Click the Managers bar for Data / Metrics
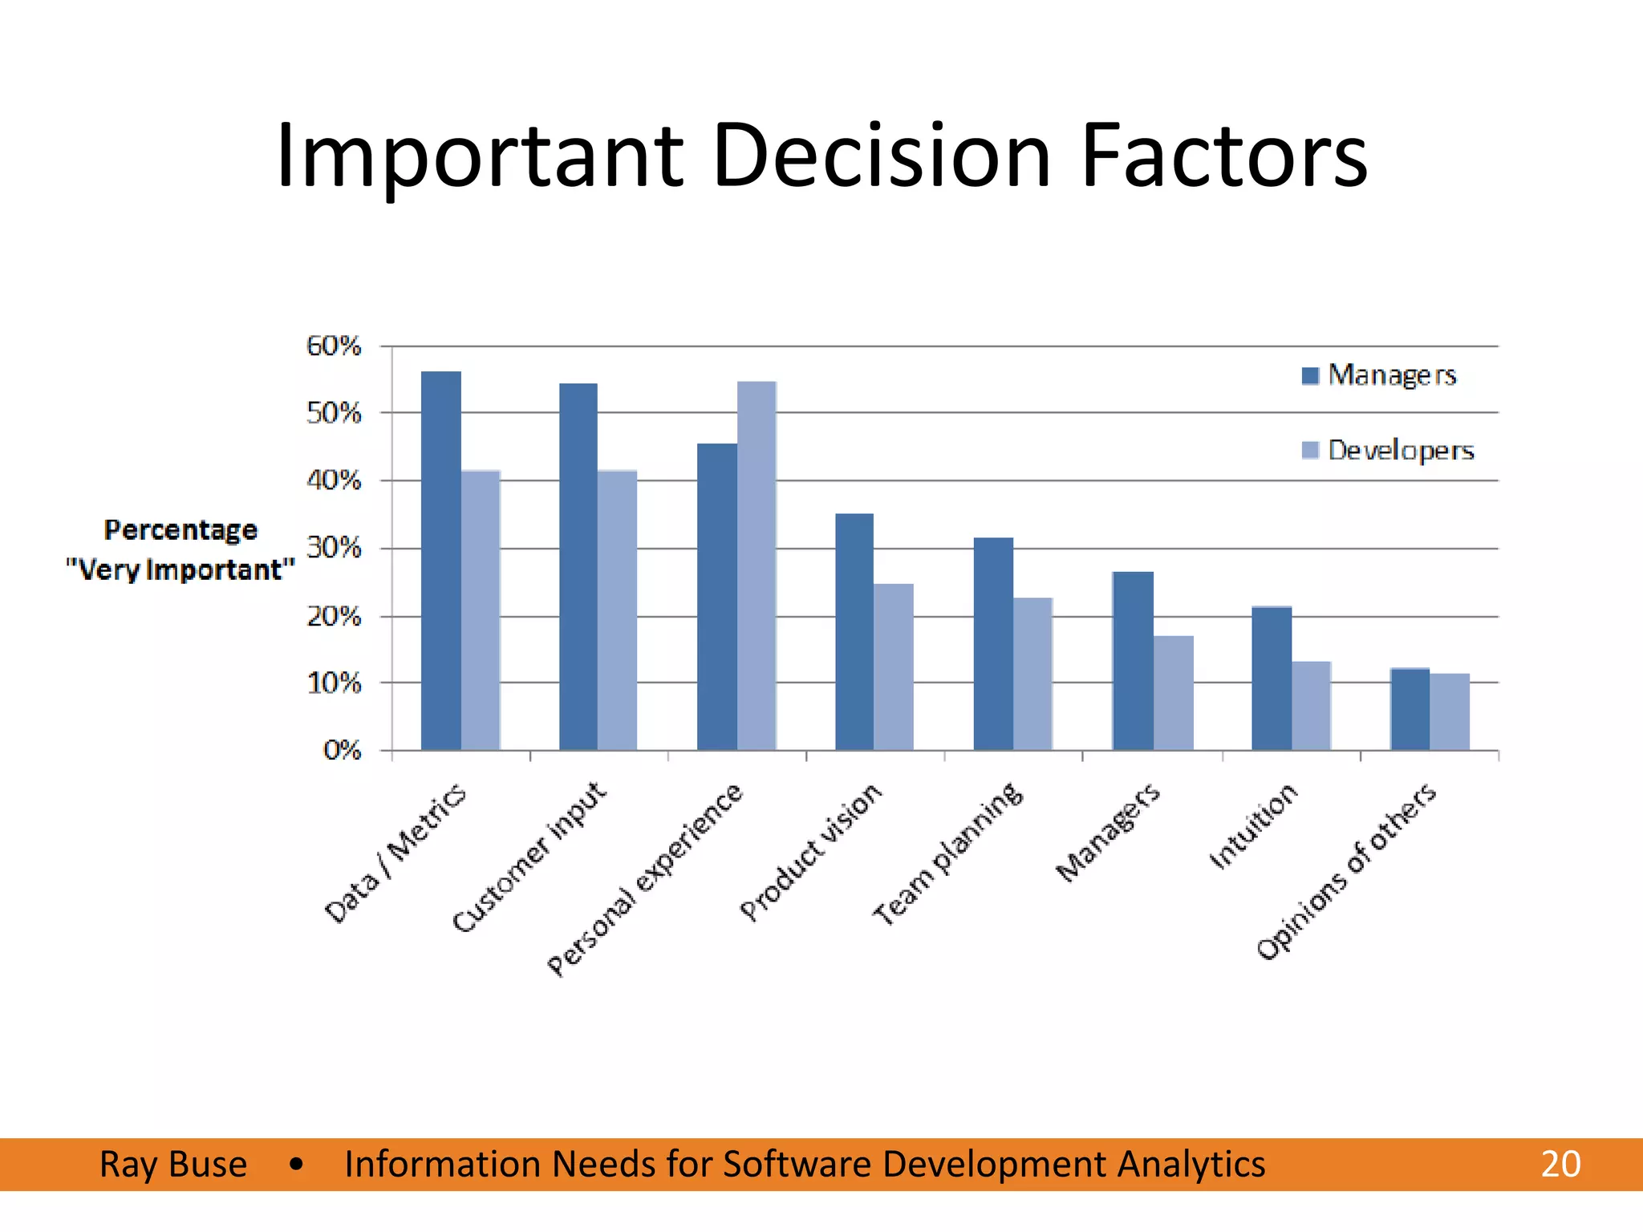point(440,561)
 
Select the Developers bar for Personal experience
point(757,566)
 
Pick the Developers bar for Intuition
point(1312,706)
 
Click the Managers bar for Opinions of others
point(1410,709)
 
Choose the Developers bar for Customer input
point(617,610)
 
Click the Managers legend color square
point(1310,375)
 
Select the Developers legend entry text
point(1401,450)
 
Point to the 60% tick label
point(334,346)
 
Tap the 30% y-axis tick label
point(334,549)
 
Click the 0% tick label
point(342,751)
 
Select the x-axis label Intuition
point(1252,827)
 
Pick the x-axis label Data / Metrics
point(395,854)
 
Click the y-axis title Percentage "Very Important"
point(181,550)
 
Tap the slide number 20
point(1560,1164)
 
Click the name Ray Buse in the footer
point(173,1164)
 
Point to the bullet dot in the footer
point(297,1164)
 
